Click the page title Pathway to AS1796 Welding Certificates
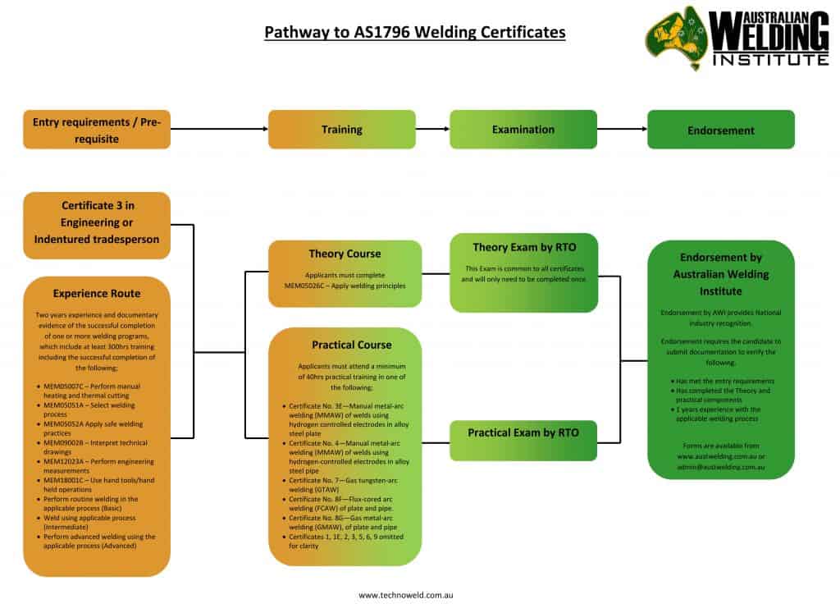(414, 33)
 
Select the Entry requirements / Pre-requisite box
(97, 130)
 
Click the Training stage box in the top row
(342, 130)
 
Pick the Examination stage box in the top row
(523, 130)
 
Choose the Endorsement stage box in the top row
(721, 130)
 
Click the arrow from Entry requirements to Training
(219, 129)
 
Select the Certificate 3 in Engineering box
(97, 222)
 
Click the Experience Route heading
(97, 292)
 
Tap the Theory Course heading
(345, 254)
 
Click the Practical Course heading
(345, 345)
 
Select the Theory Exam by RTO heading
(524, 247)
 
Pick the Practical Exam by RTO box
(524, 432)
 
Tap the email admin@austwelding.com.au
(721, 464)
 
